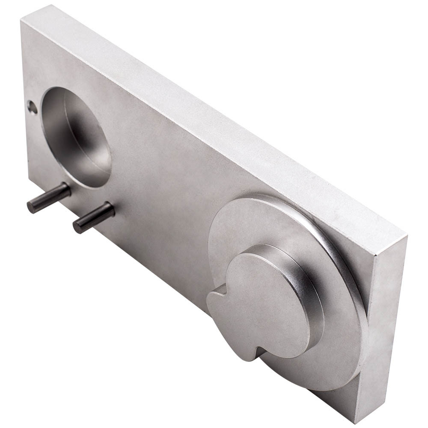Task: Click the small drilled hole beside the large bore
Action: [x=30, y=105]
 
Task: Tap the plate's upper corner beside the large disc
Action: [x=404, y=238]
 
